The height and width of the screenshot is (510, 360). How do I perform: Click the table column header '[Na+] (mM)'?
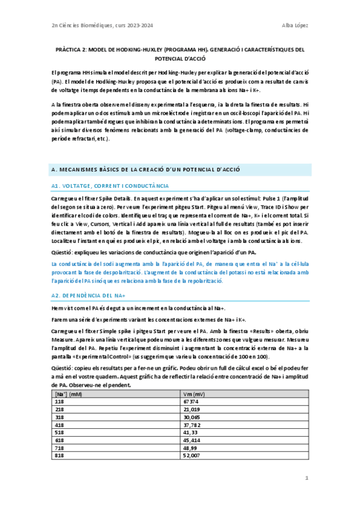[68, 394]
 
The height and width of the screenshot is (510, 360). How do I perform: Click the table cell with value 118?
[59, 401]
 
